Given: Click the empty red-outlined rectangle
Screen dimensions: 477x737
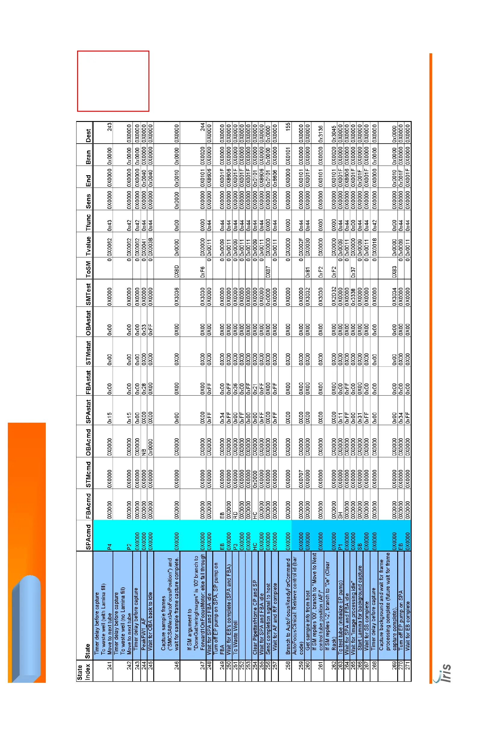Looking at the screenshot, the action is tap(113, 81).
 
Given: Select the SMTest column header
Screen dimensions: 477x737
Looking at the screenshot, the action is tap(89, 294).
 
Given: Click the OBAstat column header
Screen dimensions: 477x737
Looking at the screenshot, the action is tap(89, 322).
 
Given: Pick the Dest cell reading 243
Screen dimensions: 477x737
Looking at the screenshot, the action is tap(110, 127).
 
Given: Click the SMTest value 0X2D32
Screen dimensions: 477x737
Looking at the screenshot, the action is tap(334, 296).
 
